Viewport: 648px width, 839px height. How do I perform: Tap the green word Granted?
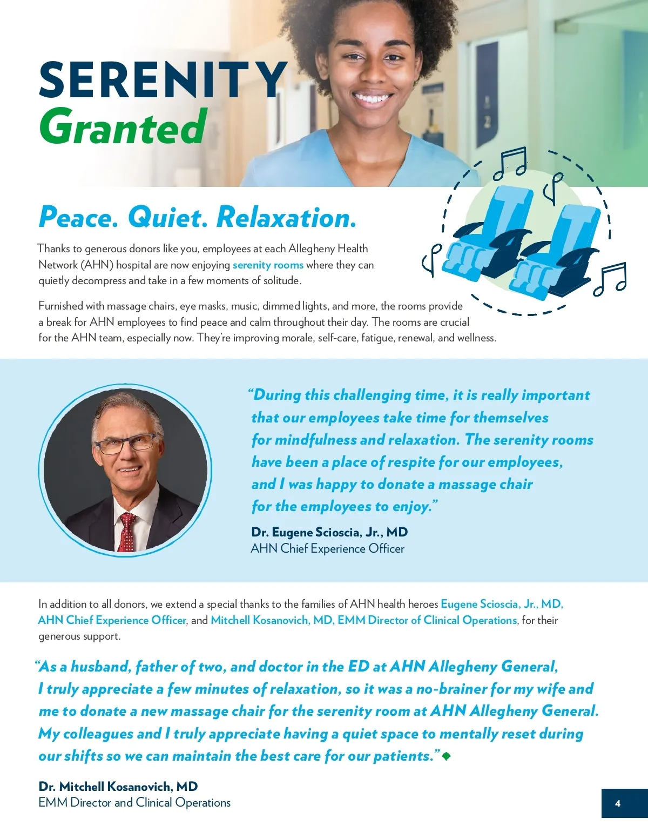point(123,127)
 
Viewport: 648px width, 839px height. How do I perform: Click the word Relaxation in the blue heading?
point(286,217)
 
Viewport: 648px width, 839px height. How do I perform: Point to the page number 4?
point(618,803)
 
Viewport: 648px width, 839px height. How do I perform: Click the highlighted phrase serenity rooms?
point(268,265)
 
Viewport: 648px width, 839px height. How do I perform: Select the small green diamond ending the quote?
point(446,756)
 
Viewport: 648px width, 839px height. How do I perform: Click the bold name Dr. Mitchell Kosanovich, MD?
point(118,786)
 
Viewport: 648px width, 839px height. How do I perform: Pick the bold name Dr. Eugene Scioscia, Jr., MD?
point(329,532)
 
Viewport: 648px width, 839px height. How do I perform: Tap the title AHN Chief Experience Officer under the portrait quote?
point(327,548)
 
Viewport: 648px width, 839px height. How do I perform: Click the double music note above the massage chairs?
point(511,162)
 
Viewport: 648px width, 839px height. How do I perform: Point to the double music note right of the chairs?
point(610,278)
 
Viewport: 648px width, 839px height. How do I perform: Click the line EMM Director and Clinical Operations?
point(134,802)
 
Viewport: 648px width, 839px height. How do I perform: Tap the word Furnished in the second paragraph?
point(60,306)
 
